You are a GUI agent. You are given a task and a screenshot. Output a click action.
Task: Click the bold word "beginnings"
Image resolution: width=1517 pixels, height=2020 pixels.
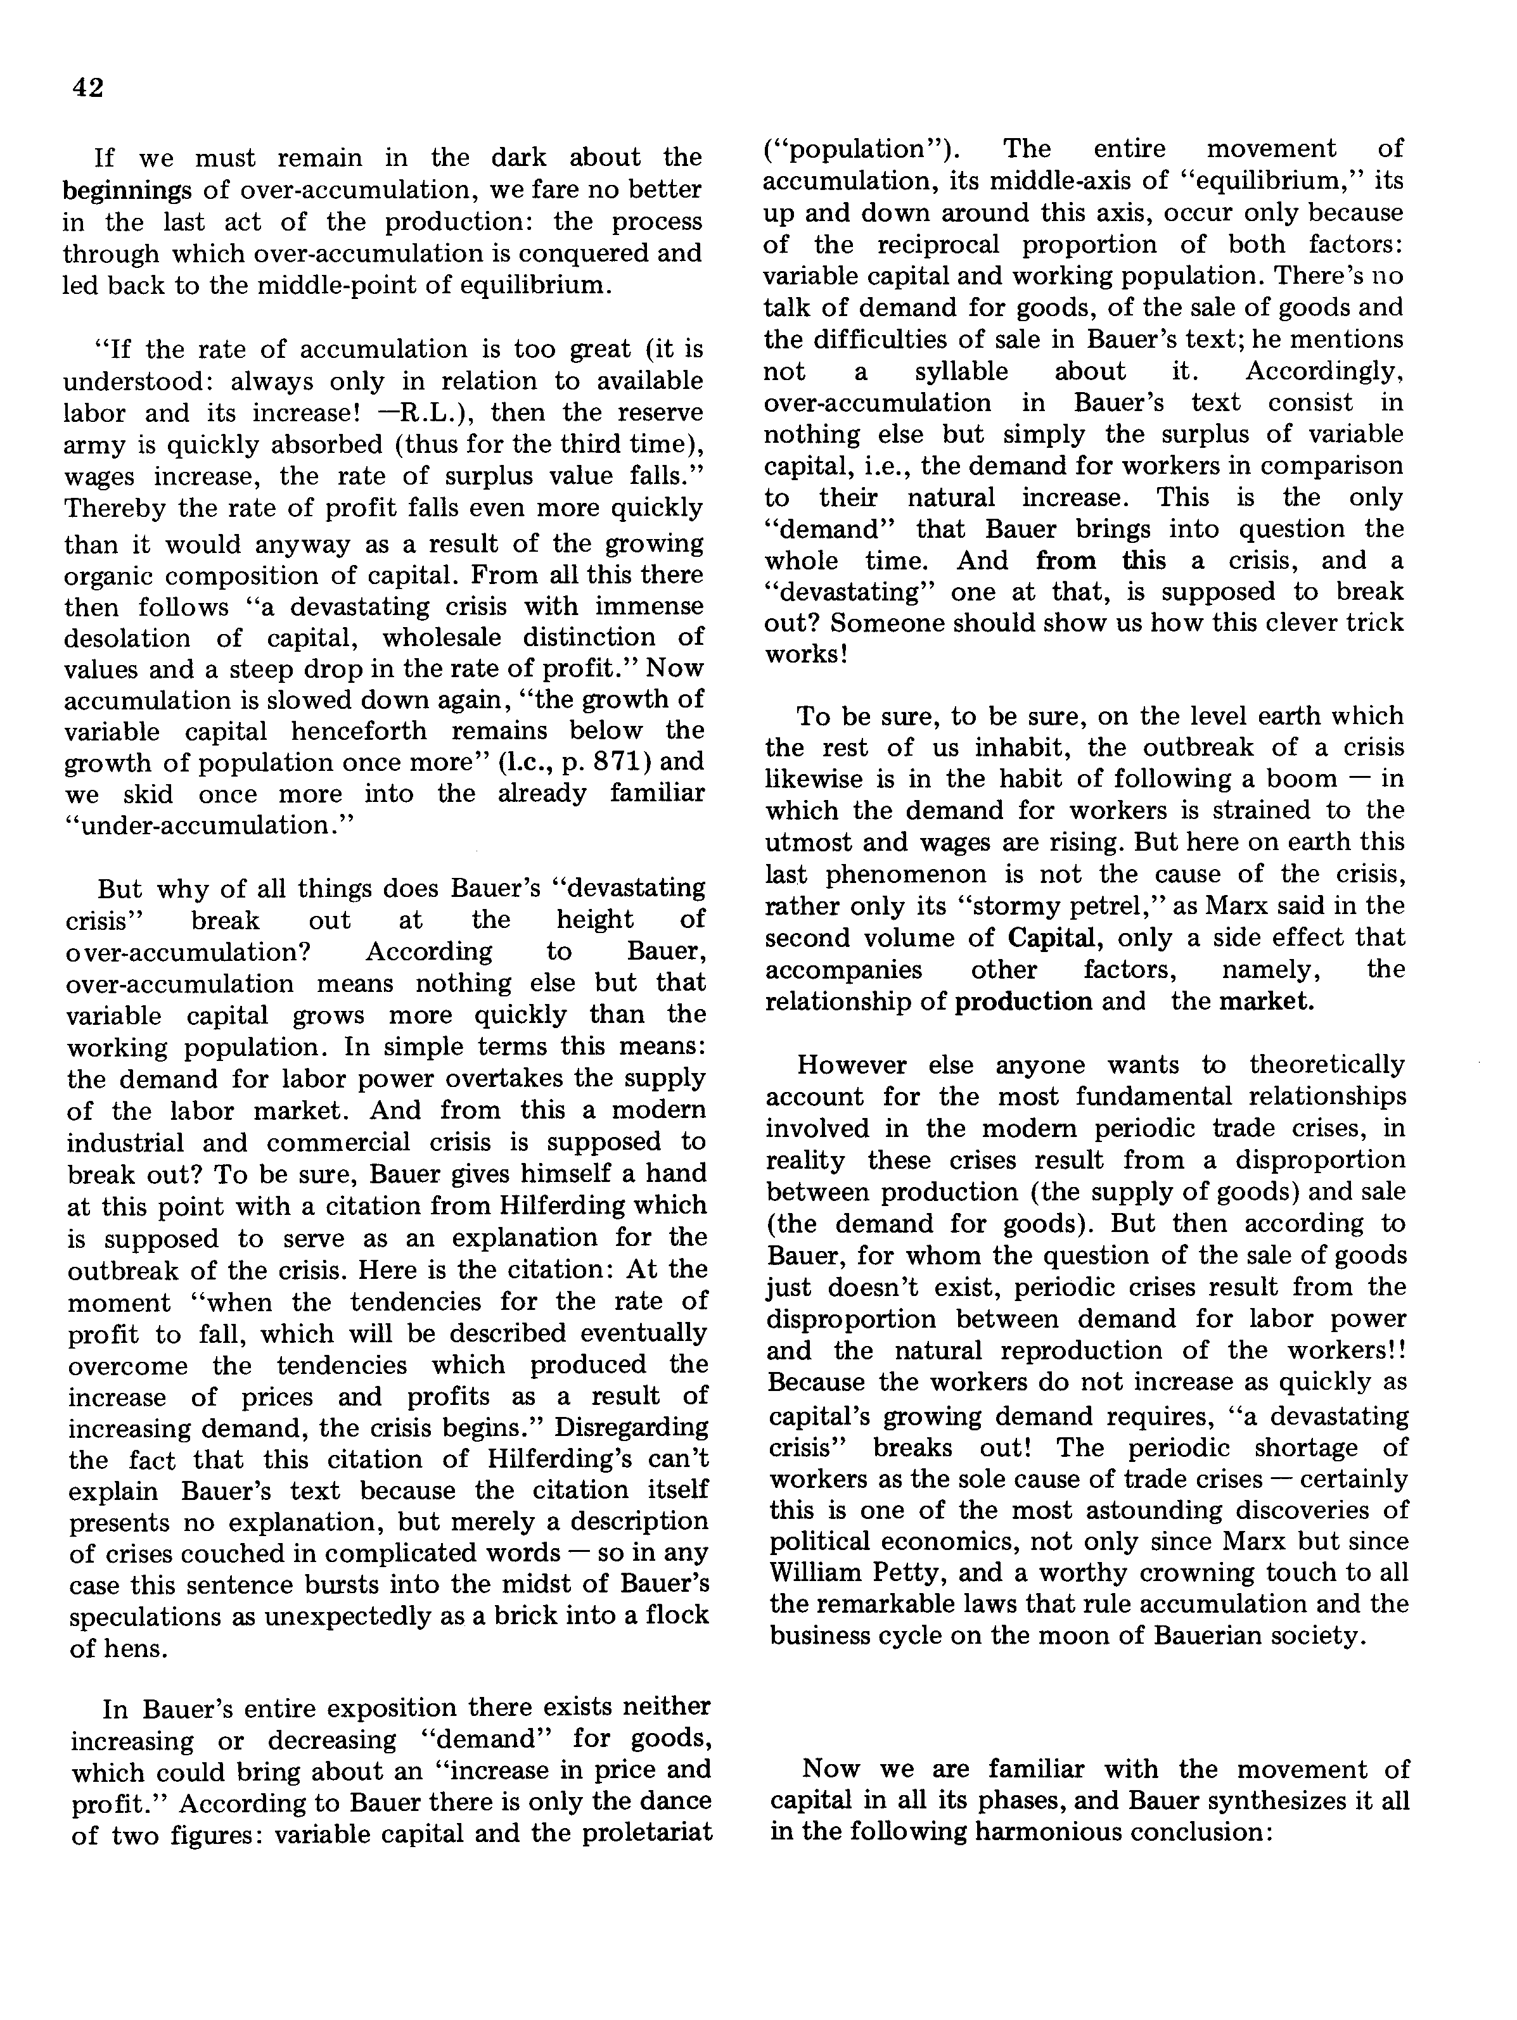click(127, 191)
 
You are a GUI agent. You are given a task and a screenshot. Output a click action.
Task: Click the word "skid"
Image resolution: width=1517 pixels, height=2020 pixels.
click(148, 794)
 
